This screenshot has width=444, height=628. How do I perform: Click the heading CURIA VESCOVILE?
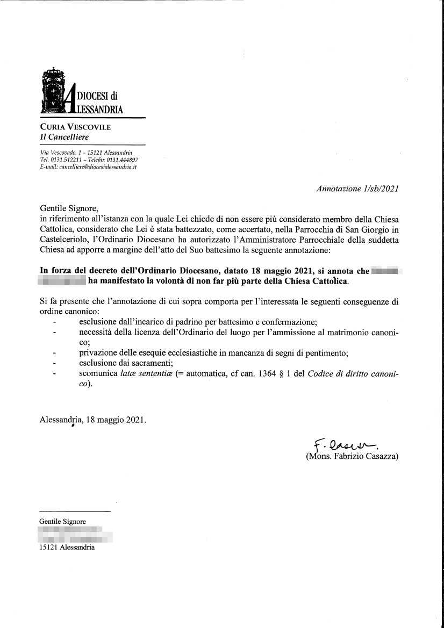click(76, 127)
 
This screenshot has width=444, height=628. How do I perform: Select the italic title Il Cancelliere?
click(65, 137)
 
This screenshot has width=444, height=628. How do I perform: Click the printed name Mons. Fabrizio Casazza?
click(352, 457)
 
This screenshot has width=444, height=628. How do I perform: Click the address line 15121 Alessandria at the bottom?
click(67, 547)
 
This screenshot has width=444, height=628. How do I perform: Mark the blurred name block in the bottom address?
click(75, 535)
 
